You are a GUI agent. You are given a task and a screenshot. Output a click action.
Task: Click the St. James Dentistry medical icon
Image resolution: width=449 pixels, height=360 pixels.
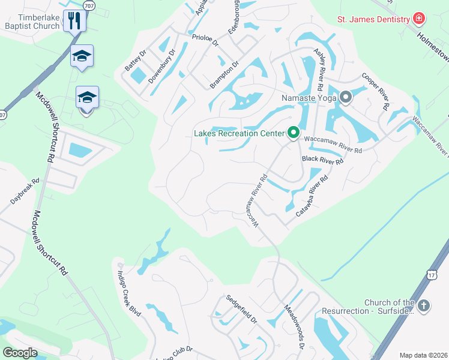[x=418, y=19]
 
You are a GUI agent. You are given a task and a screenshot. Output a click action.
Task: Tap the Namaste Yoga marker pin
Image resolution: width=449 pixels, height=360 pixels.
[x=345, y=97]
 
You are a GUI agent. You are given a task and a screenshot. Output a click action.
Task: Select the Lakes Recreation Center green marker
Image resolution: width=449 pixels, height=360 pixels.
[x=293, y=133]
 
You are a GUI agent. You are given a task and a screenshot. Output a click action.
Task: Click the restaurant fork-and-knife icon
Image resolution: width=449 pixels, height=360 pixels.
[x=76, y=20]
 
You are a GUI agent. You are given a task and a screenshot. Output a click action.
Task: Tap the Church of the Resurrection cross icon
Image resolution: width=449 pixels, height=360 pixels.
[x=424, y=306]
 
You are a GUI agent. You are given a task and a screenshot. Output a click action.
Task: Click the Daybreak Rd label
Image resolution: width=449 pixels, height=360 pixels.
[x=23, y=191]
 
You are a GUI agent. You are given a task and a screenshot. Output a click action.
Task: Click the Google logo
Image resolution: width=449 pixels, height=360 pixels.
[x=20, y=353]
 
